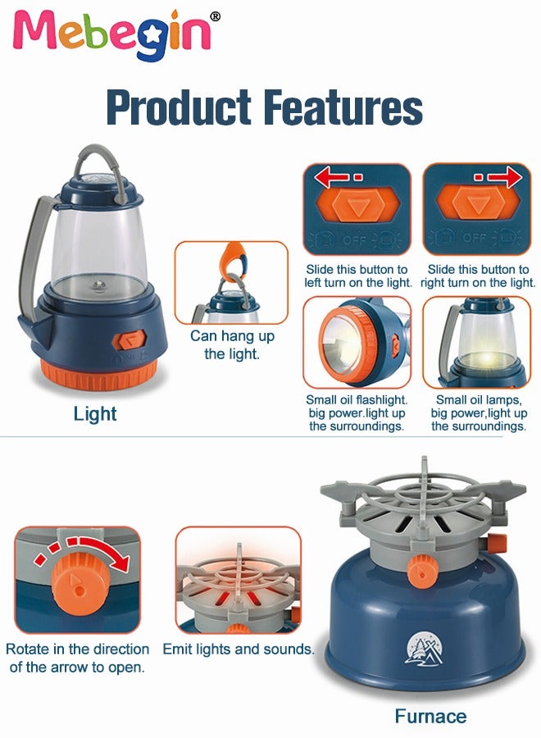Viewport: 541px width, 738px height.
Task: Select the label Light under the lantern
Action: [x=95, y=414]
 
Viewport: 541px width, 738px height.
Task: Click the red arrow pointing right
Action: [x=498, y=176]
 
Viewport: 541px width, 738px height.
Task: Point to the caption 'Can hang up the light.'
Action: [x=232, y=344]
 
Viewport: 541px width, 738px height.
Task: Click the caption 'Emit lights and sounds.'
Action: [x=239, y=649]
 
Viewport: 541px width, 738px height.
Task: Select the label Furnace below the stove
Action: [x=430, y=717]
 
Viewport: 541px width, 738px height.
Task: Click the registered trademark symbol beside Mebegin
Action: [x=215, y=16]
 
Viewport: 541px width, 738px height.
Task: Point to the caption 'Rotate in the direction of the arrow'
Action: [x=77, y=657]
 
